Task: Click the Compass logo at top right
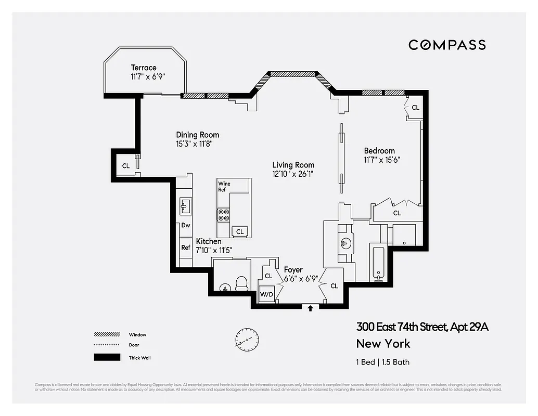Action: [447, 45]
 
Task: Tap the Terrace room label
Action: [144, 68]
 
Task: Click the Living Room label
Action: [293, 165]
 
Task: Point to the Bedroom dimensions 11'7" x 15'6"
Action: [382, 160]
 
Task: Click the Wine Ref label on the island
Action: [224, 187]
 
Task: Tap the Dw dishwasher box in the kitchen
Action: [186, 226]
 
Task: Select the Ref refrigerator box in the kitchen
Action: [186, 248]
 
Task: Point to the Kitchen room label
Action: [209, 241]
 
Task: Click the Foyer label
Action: [293, 270]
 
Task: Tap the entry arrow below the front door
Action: [311, 308]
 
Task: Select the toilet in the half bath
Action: [241, 282]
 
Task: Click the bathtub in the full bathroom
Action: [378, 262]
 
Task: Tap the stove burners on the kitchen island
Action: [224, 215]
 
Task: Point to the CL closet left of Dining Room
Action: [126, 166]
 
